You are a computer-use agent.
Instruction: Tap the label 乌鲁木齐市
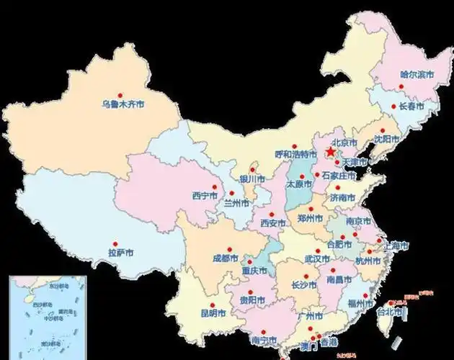tap(122, 104)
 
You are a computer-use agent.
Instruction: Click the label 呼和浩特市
tap(295, 155)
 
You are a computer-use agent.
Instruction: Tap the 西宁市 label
tap(206, 195)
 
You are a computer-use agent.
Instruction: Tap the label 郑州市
tap(313, 215)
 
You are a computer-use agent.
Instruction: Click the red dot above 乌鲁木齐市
tap(120, 95)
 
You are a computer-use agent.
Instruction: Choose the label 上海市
tap(395, 246)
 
